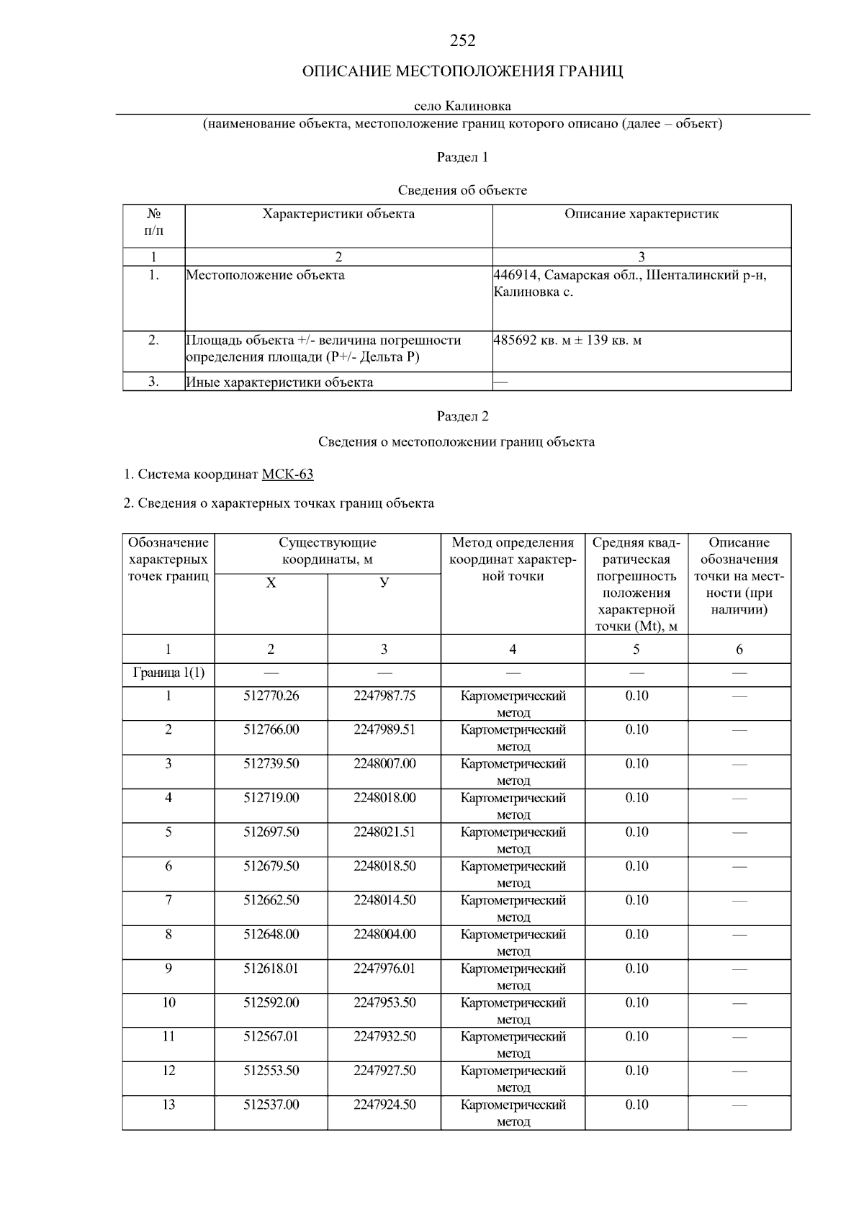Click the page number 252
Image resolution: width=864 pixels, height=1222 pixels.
point(462,41)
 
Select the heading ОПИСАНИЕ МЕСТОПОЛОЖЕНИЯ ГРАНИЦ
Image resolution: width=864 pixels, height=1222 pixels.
point(462,71)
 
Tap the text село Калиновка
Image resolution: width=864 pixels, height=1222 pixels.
point(462,107)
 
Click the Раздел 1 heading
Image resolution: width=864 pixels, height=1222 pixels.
point(462,157)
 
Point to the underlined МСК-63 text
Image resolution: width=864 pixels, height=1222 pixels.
point(287,475)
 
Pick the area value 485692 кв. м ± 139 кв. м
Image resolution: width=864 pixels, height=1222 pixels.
point(567,340)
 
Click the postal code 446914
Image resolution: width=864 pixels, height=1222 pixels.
point(516,275)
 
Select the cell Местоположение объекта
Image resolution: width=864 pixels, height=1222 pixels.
point(266,275)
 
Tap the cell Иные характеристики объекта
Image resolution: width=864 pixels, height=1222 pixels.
point(279,382)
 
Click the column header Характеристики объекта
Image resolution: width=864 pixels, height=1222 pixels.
point(338,214)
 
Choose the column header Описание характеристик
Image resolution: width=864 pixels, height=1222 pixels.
point(642,214)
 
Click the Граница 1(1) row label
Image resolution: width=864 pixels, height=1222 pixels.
point(168,673)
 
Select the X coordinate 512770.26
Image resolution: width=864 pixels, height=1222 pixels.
point(271,696)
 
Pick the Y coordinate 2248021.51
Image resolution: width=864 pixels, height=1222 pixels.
point(384,832)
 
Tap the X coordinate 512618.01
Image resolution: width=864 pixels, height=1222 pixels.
point(271,969)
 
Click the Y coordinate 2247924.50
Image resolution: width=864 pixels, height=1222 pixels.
point(384,1105)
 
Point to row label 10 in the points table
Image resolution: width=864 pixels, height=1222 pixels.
point(168,1002)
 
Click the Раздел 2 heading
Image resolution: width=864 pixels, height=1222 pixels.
point(462,416)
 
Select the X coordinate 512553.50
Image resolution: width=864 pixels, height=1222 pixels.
point(271,1071)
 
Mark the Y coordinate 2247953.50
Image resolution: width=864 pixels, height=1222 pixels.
point(384,1002)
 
